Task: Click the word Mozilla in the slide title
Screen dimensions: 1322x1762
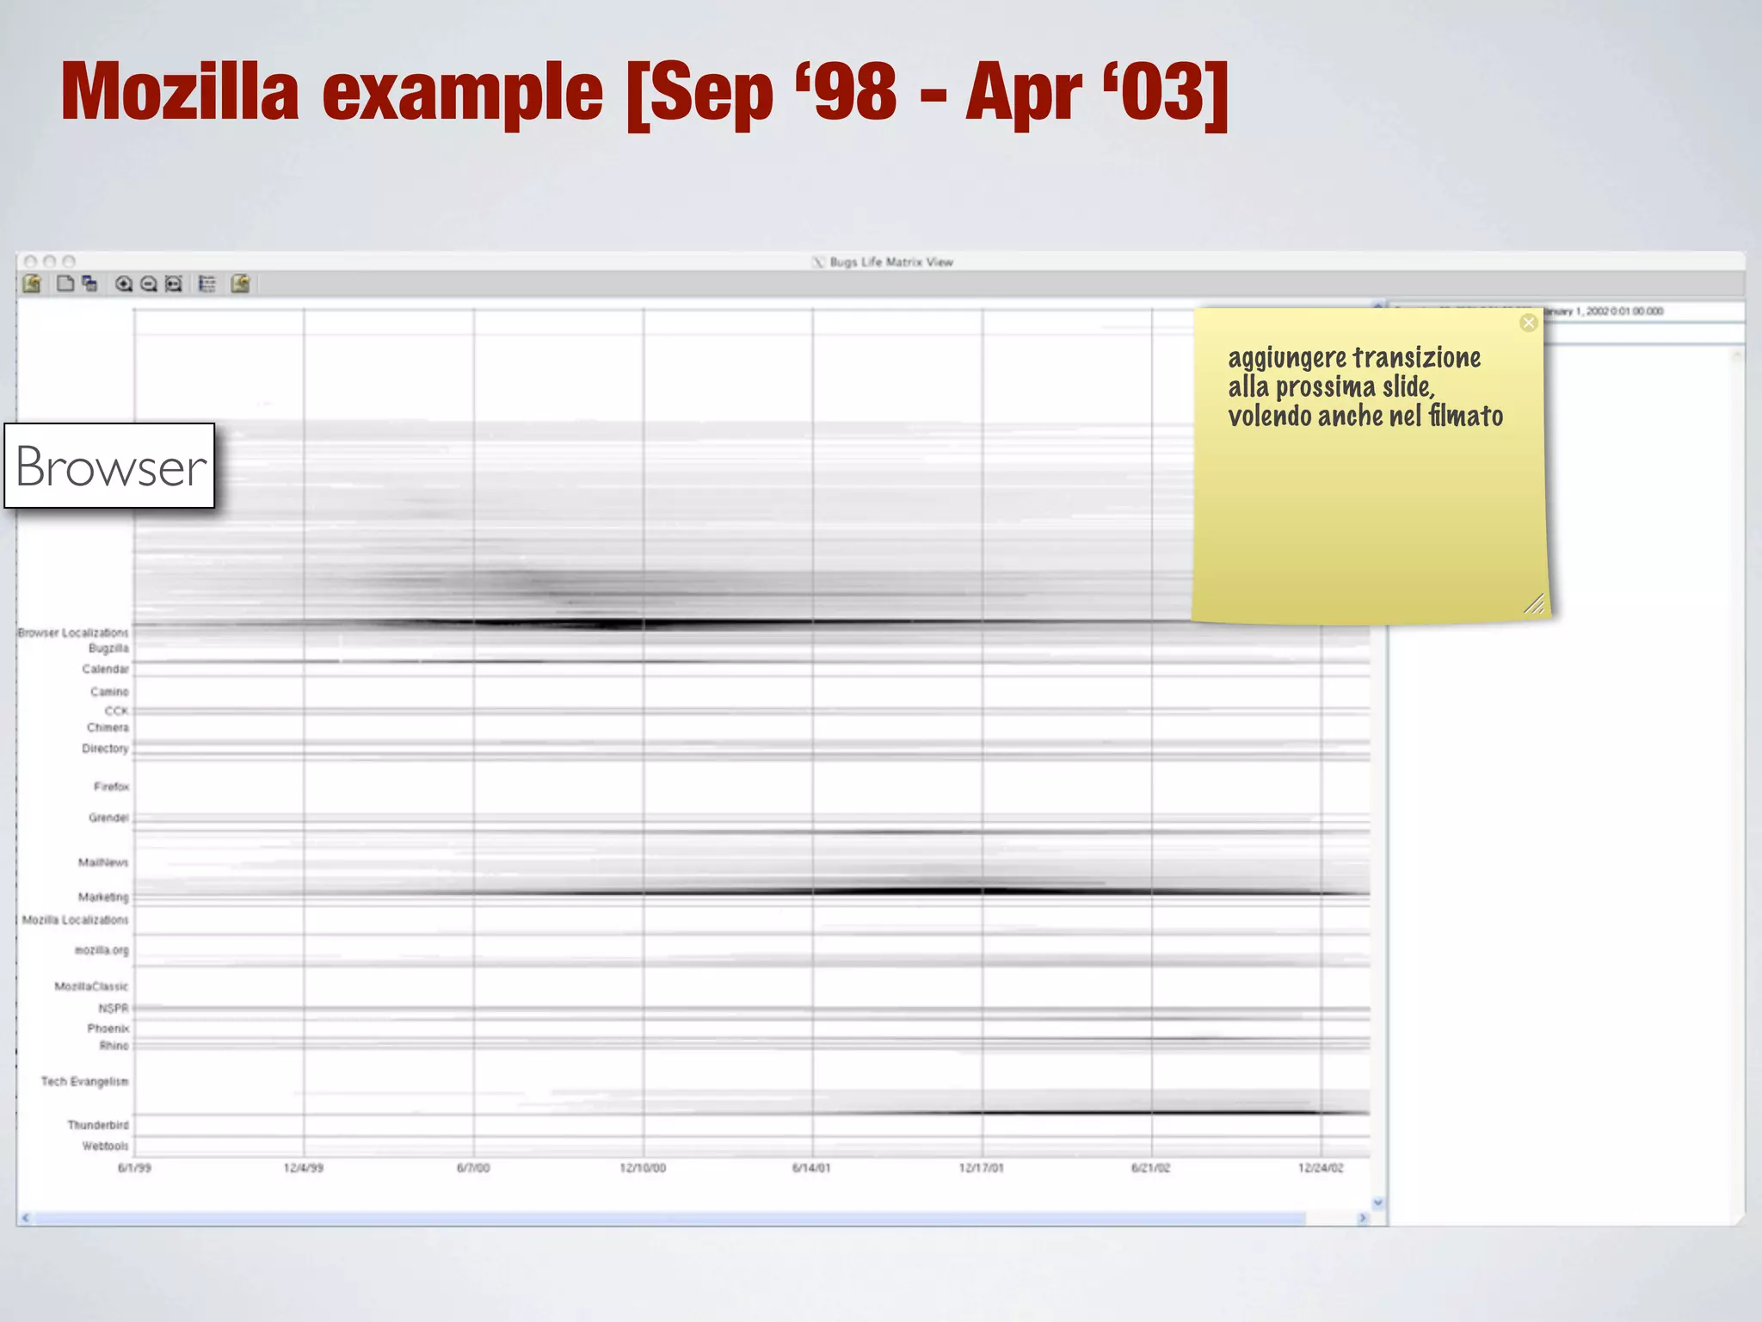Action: pyautogui.click(x=180, y=92)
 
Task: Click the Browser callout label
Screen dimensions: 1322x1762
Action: pyautogui.click(x=110, y=466)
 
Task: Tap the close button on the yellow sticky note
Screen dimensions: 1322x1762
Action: pyautogui.click(x=1528, y=323)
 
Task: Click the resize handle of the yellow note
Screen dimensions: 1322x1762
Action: pyautogui.click(x=1533, y=604)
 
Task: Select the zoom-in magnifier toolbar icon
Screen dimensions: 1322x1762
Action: pyautogui.click(x=124, y=284)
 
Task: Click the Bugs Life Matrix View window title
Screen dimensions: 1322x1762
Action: pyautogui.click(x=890, y=262)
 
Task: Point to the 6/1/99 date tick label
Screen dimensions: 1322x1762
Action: pyautogui.click(x=134, y=1168)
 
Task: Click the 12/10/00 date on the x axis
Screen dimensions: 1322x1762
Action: pyautogui.click(x=643, y=1168)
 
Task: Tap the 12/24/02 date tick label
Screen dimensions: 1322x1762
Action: pyautogui.click(x=1321, y=1168)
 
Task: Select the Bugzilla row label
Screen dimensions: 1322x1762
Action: pyautogui.click(x=108, y=648)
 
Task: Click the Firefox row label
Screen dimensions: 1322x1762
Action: pyautogui.click(x=111, y=787)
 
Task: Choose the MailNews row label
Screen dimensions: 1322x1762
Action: pyautogui.click(x=103, y=862)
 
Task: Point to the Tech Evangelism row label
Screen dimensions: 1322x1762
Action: pyautogui.click(x=84, y=1081)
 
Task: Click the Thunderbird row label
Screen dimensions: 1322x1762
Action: pyautogui.click(x=98, y=1125)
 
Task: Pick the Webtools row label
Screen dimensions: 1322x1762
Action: pyautogui.click(x=105, y=1146)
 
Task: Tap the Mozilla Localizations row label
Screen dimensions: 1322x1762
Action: pyautogui.click(x=75, y=920)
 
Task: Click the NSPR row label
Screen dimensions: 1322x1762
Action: pyautogui.click(x=113, y=1008)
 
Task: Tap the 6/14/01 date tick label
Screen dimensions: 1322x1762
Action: pyautogui.click(x=811, y=1168)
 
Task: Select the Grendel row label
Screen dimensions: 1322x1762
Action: pyautogui.click(x=108, y=818)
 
